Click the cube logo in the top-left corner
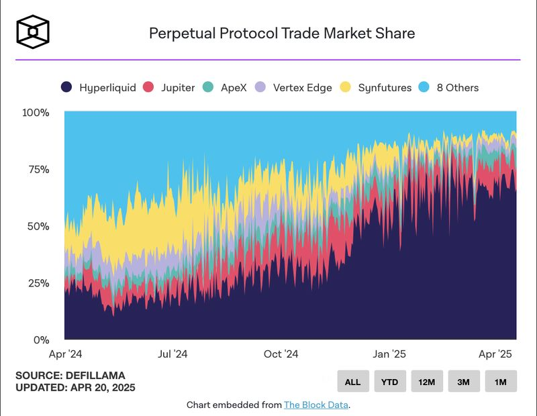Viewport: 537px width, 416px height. click(33, 32)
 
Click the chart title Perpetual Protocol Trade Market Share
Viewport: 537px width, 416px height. click(282, 33)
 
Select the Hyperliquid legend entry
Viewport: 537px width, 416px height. click(99, 87)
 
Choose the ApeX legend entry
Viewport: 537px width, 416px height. click(226, 87)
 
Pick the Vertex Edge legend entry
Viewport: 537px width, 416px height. click(295, 87)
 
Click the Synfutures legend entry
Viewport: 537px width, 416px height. click(375, 87)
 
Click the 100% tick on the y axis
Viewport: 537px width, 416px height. click(36, 113)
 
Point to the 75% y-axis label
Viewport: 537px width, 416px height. click(38, 170)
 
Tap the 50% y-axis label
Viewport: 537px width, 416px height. click(38, 226)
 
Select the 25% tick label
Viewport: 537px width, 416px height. click(38, 283)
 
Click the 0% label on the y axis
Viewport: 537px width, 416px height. click(41, 340)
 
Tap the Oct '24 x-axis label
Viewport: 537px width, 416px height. click(281, 354)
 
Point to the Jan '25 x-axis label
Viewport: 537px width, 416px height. click(390, 354)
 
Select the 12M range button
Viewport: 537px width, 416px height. click(427, 381)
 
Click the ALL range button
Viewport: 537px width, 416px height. click(353, 381)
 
